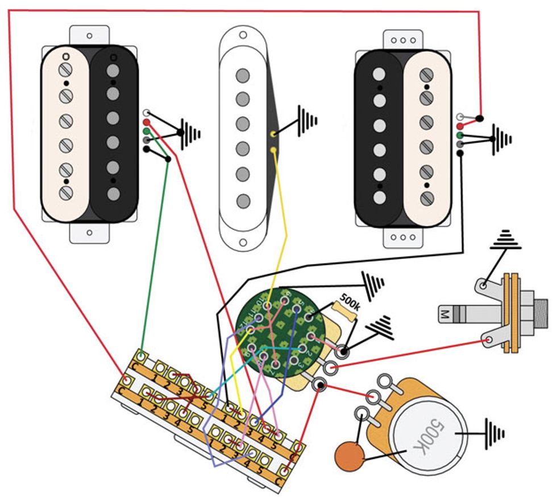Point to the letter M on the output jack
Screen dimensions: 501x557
tap(445, 313)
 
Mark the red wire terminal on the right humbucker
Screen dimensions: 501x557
tap(460, 125)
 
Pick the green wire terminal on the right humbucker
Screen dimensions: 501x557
tap(460, 135)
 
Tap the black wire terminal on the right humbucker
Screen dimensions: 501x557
tap(460, 153)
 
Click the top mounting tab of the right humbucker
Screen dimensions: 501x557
tap(403, 40)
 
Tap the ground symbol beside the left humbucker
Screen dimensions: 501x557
tap(190, 132)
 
